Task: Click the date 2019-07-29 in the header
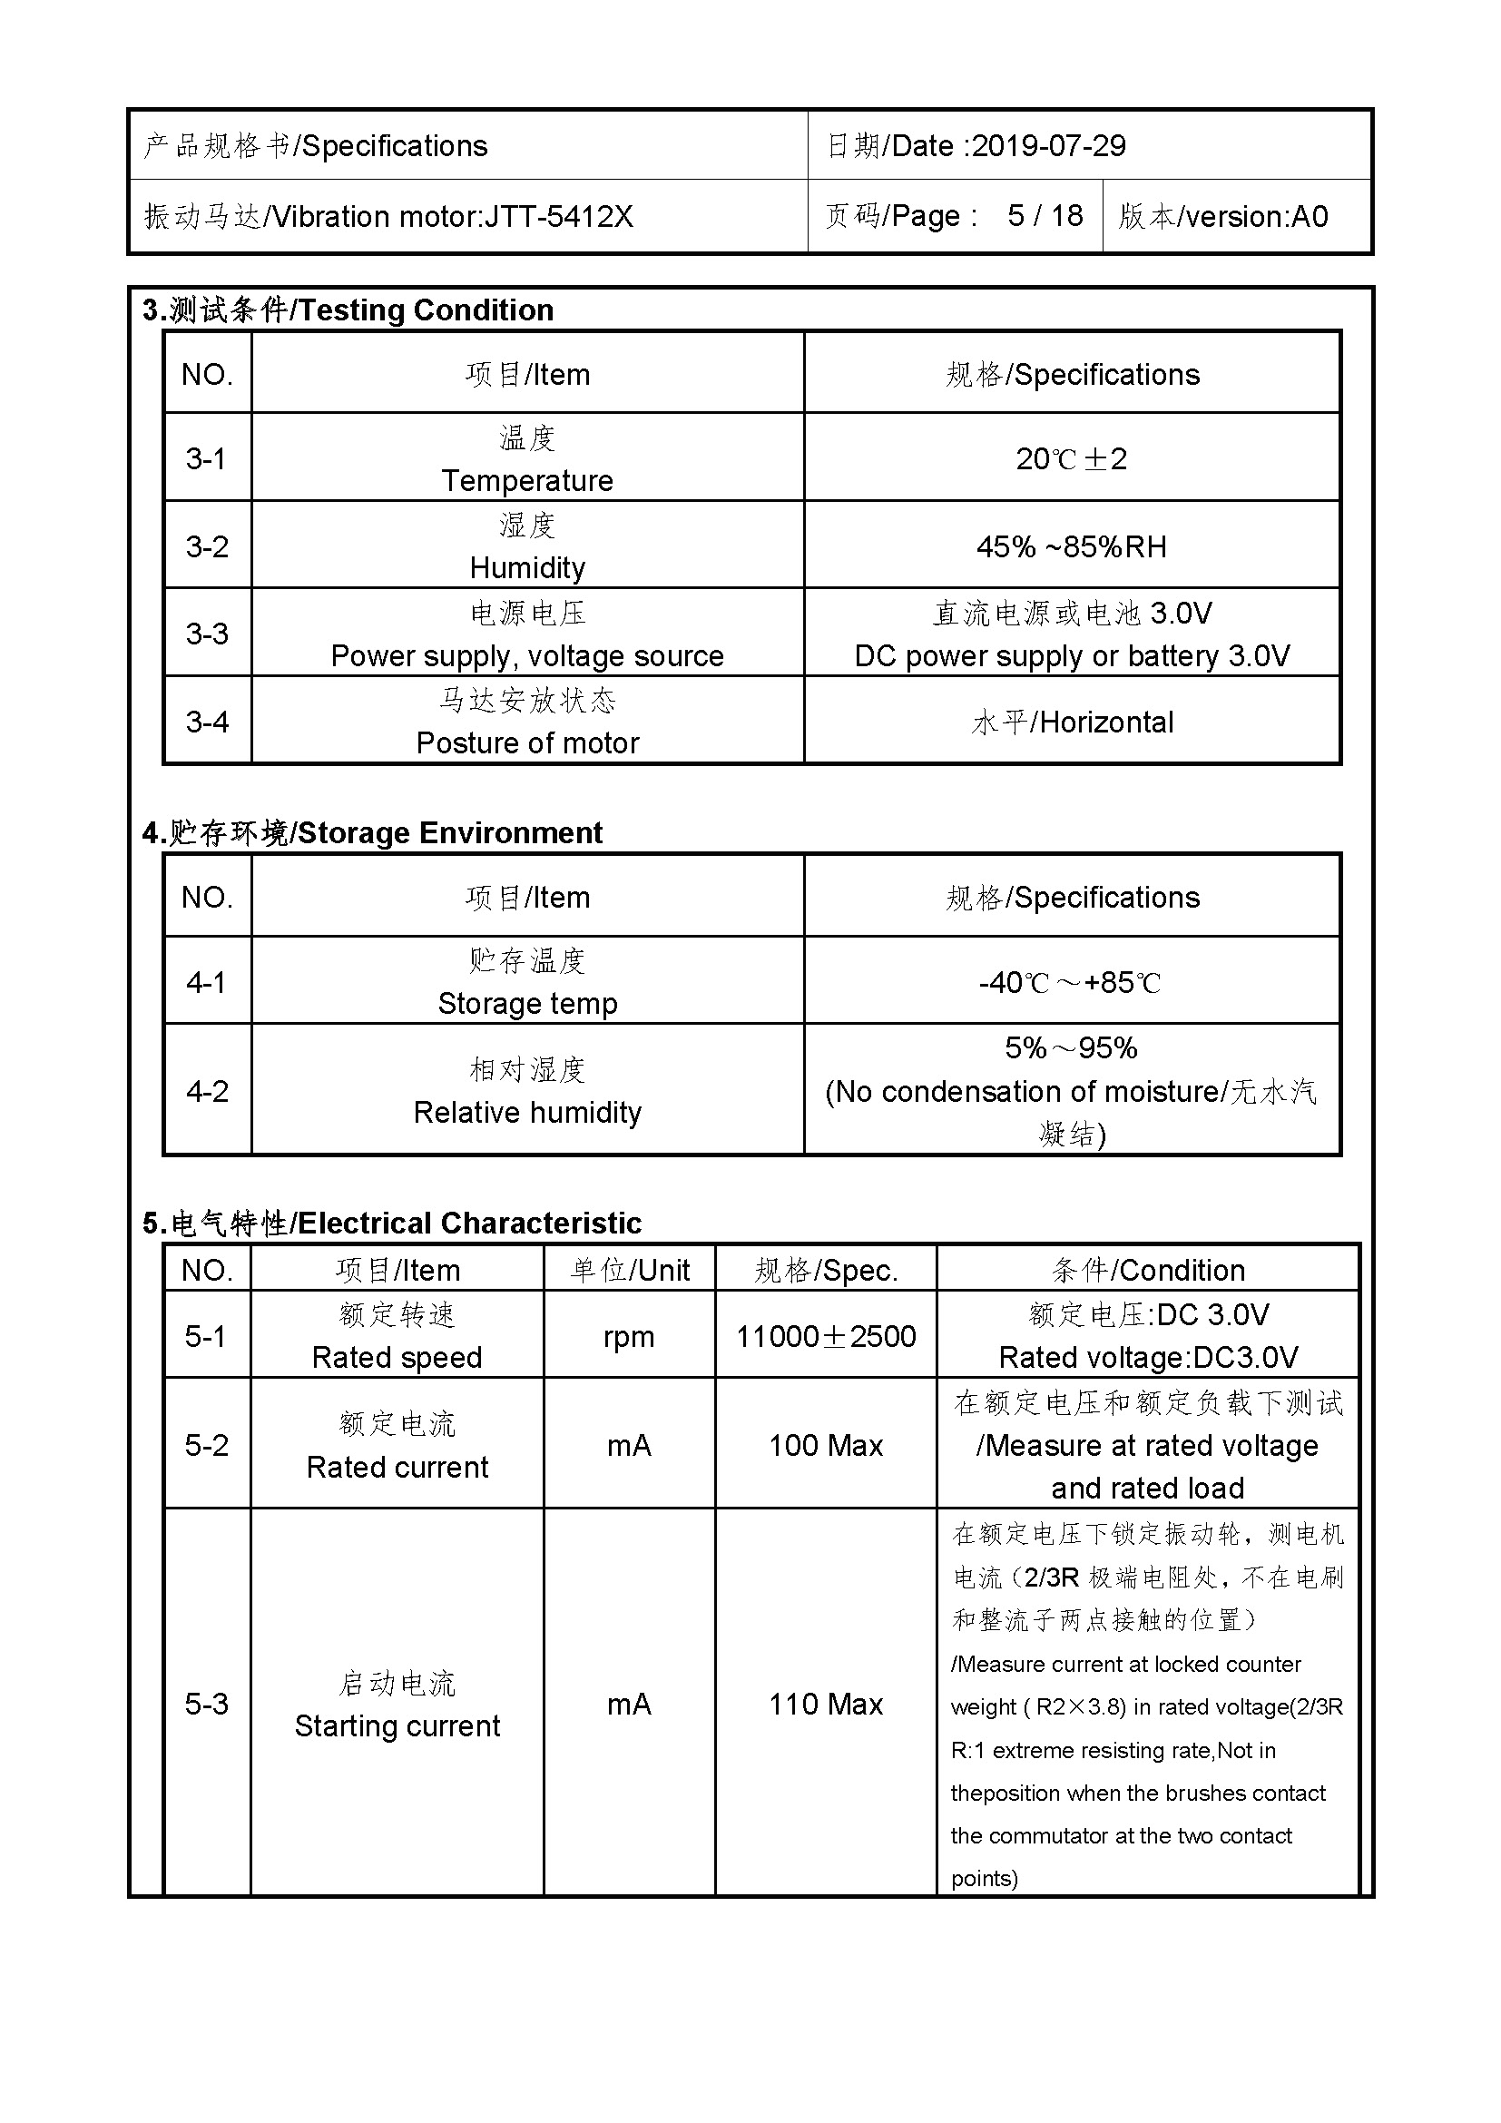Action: [1048, 146]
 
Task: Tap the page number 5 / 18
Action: [1045, 216]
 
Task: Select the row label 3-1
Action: [206, 458]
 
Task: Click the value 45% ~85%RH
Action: [1071, 546]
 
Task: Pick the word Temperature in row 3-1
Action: [527, 481]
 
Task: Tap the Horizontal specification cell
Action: [1072, 722]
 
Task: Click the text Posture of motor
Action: [527, 743]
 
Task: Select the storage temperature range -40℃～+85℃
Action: [1070, 982]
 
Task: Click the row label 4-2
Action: [206, 1091]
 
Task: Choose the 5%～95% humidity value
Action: [1070, 1048]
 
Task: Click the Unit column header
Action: [630, 1271]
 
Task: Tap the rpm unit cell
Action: [629, 1337]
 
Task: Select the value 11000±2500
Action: [825, 1337]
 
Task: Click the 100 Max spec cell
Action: [825, 1446]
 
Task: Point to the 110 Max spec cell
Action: [825, 1705]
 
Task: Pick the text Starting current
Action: [397, 1726]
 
